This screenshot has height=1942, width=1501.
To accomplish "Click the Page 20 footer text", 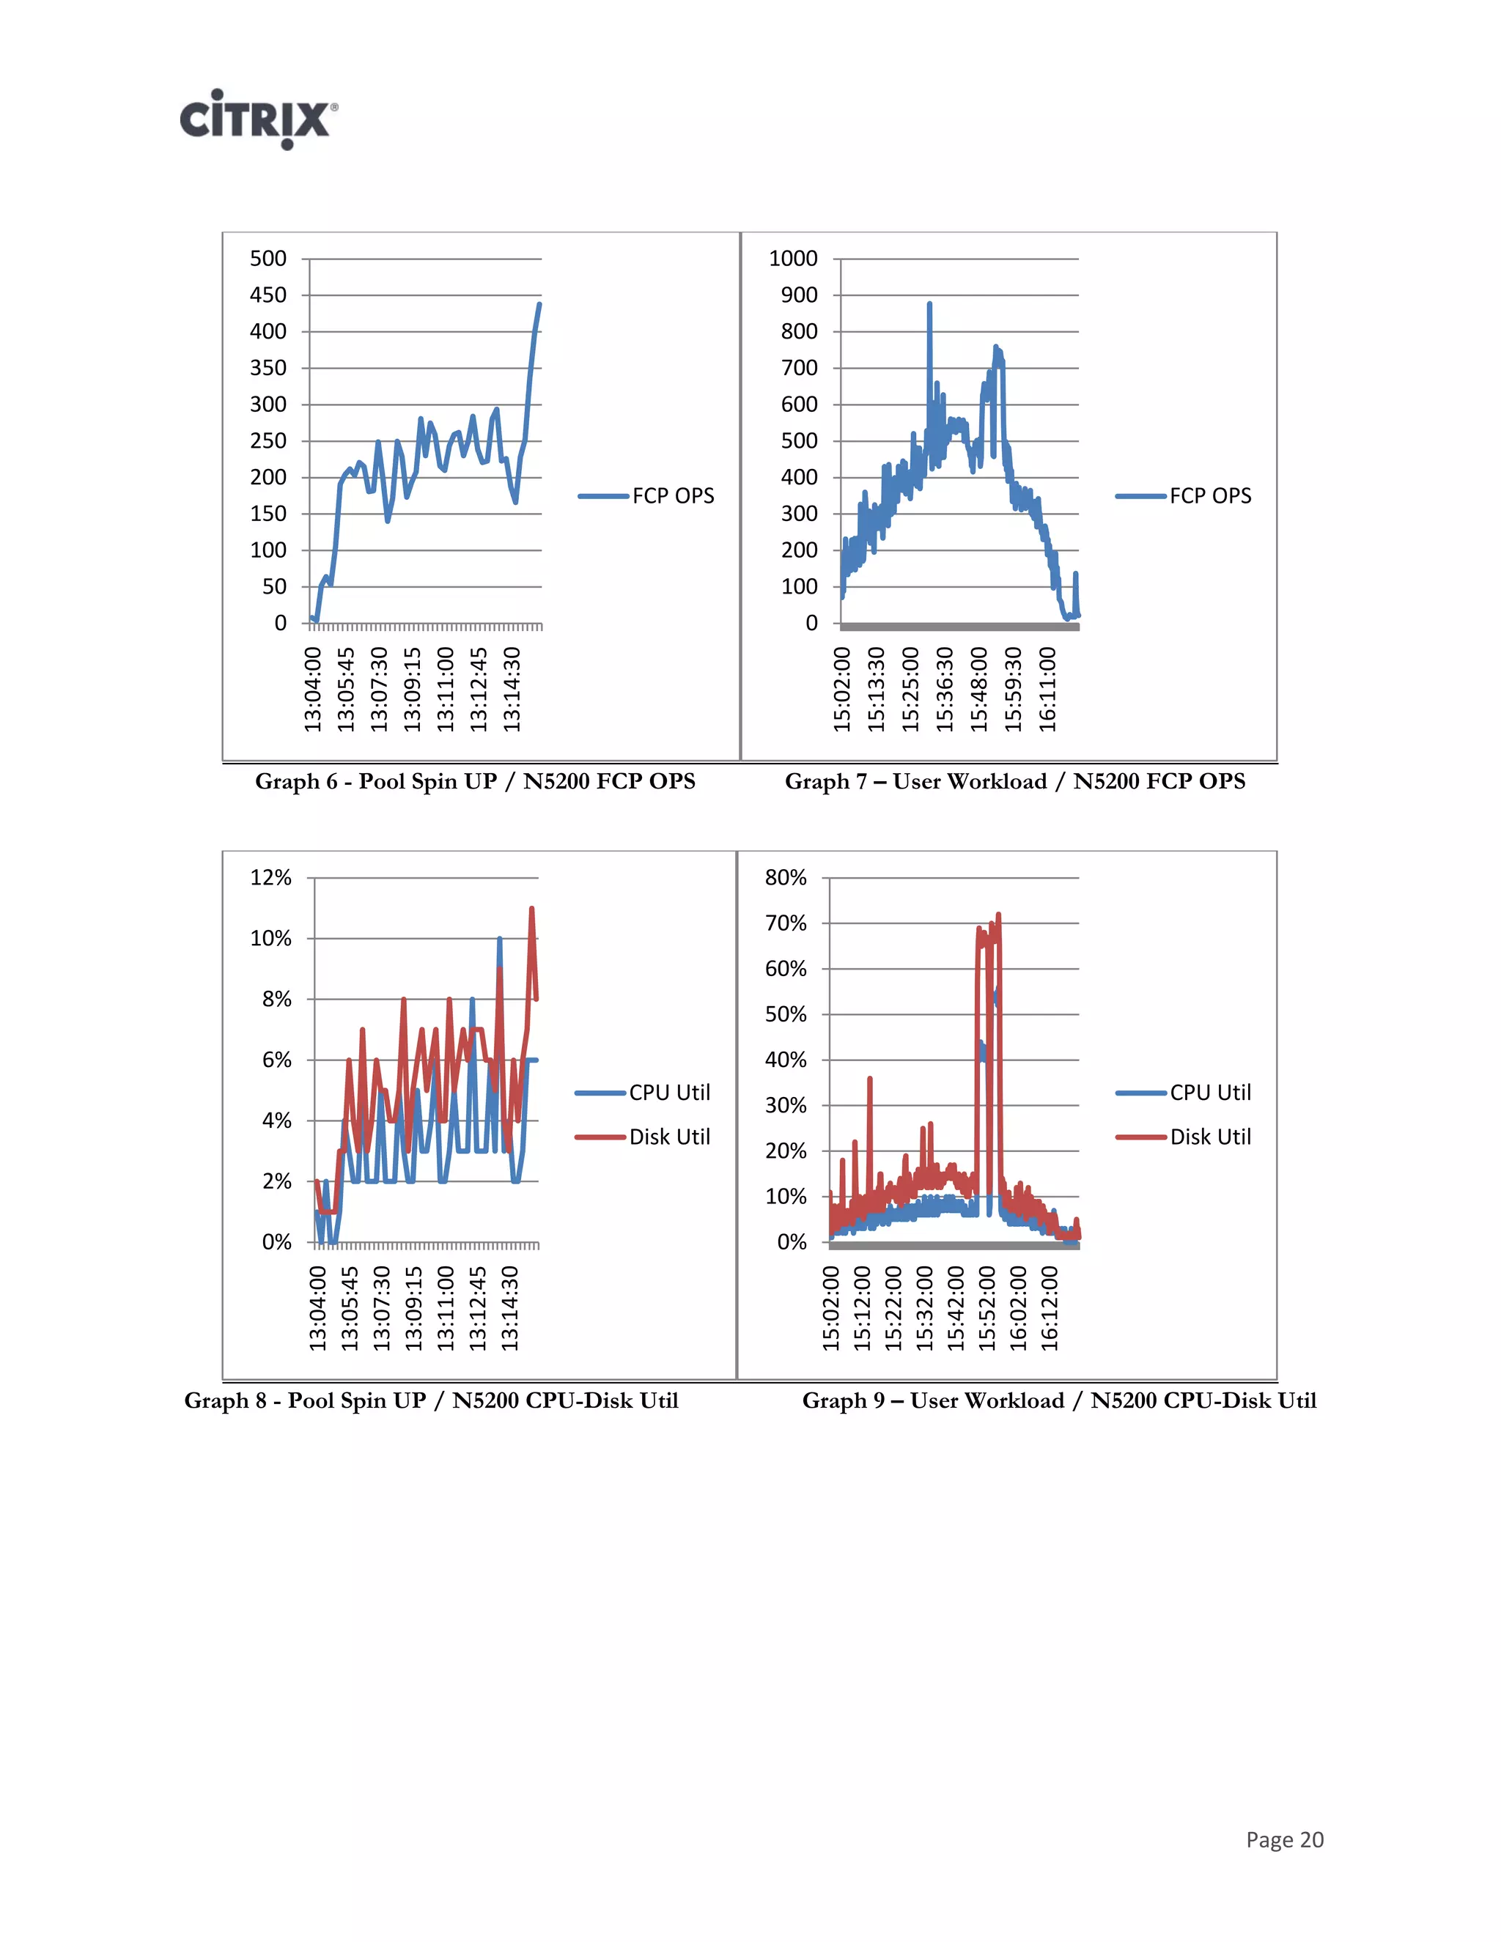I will (x=1284, y=1839).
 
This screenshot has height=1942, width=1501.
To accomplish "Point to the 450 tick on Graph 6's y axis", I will (x=268, y=295).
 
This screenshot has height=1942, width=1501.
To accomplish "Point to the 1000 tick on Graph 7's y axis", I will (x=792, y=259).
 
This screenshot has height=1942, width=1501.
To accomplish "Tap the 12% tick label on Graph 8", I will (x=270, y=878).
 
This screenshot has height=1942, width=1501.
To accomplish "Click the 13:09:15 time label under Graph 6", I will (x=413, y=689).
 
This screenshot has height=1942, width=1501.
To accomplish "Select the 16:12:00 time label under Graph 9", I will (x=1050, y=1308).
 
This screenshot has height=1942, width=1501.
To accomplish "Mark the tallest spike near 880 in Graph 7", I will (x=929, y=305).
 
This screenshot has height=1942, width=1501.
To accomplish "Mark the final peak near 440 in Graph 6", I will (x=539, y=305).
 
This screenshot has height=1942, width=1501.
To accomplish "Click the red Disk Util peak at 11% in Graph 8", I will (x=532, y=909).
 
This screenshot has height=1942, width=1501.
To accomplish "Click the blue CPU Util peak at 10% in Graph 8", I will (x=500, y=939).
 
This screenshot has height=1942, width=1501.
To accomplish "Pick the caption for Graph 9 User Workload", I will (x=1058, y=1400).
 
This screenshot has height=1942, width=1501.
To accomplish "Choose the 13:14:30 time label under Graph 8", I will (x=509, y=1308).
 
